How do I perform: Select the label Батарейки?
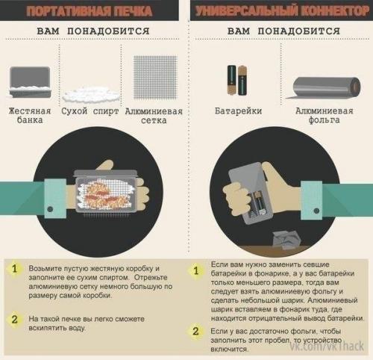tap(236, 111)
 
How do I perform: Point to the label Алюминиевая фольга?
tap(321, 116)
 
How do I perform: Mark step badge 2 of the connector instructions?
tap(196, 331)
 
